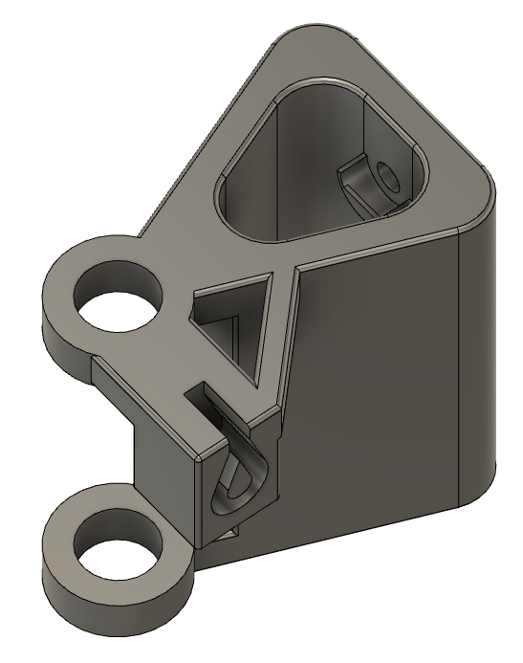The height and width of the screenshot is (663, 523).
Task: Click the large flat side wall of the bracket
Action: (382, 383)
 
